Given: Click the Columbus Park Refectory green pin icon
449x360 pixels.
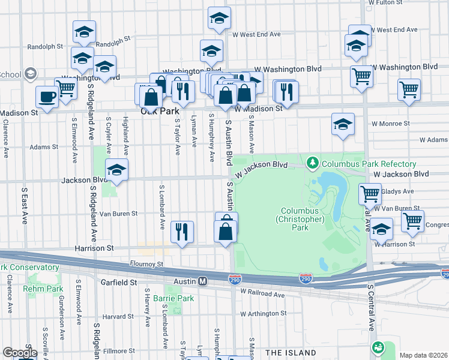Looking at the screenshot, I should [312, 163].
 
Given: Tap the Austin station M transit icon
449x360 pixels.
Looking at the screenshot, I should [203, 281].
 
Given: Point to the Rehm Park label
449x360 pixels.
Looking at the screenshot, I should [39, 289].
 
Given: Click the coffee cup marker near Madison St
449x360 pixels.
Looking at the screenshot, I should [47, 96].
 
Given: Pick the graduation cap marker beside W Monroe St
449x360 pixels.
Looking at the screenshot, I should [343, 124].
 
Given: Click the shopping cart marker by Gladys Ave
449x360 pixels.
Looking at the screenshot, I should [370, 194].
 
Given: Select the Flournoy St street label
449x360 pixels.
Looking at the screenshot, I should [147, 263].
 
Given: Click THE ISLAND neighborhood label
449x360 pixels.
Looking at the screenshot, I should [291, 352].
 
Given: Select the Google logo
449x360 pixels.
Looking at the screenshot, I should [19, 353].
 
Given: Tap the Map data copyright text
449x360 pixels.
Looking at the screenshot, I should [423, 355].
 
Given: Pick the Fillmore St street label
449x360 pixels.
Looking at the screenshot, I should [119, 350].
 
